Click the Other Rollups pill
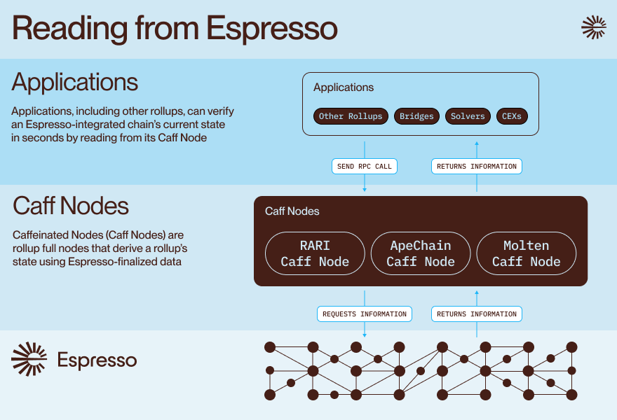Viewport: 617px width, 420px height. [x=351, y=116]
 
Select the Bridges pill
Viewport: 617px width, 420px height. [x=416, y=116]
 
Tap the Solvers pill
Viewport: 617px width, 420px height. [x=467, y=116]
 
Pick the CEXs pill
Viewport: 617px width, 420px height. [x=512, y=116]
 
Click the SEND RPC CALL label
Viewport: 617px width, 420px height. [x=365, y=167]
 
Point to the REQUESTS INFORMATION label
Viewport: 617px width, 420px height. [x=365, y=314]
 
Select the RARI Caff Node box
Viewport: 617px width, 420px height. [x=315, y=253]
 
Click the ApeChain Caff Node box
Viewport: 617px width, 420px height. [x=421, y=253]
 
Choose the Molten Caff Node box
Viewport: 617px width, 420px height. [x=526, y=253]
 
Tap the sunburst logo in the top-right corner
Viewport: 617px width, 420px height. [x=594, y=27]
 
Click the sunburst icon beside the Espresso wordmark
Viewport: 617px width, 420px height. [x=29, y=359]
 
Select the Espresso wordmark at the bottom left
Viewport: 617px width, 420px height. [x=97, y=360]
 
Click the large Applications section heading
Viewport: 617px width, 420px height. [x=75, y=83]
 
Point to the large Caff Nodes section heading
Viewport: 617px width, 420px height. [x=71, y=206]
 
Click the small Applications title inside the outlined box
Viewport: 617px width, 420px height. [x=344, y=87]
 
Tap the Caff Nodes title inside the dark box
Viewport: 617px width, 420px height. [x=292, y=211]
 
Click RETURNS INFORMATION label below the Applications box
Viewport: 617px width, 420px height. [x=477, y=167]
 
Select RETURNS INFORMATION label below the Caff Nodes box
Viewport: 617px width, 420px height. [x=477, y=314]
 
